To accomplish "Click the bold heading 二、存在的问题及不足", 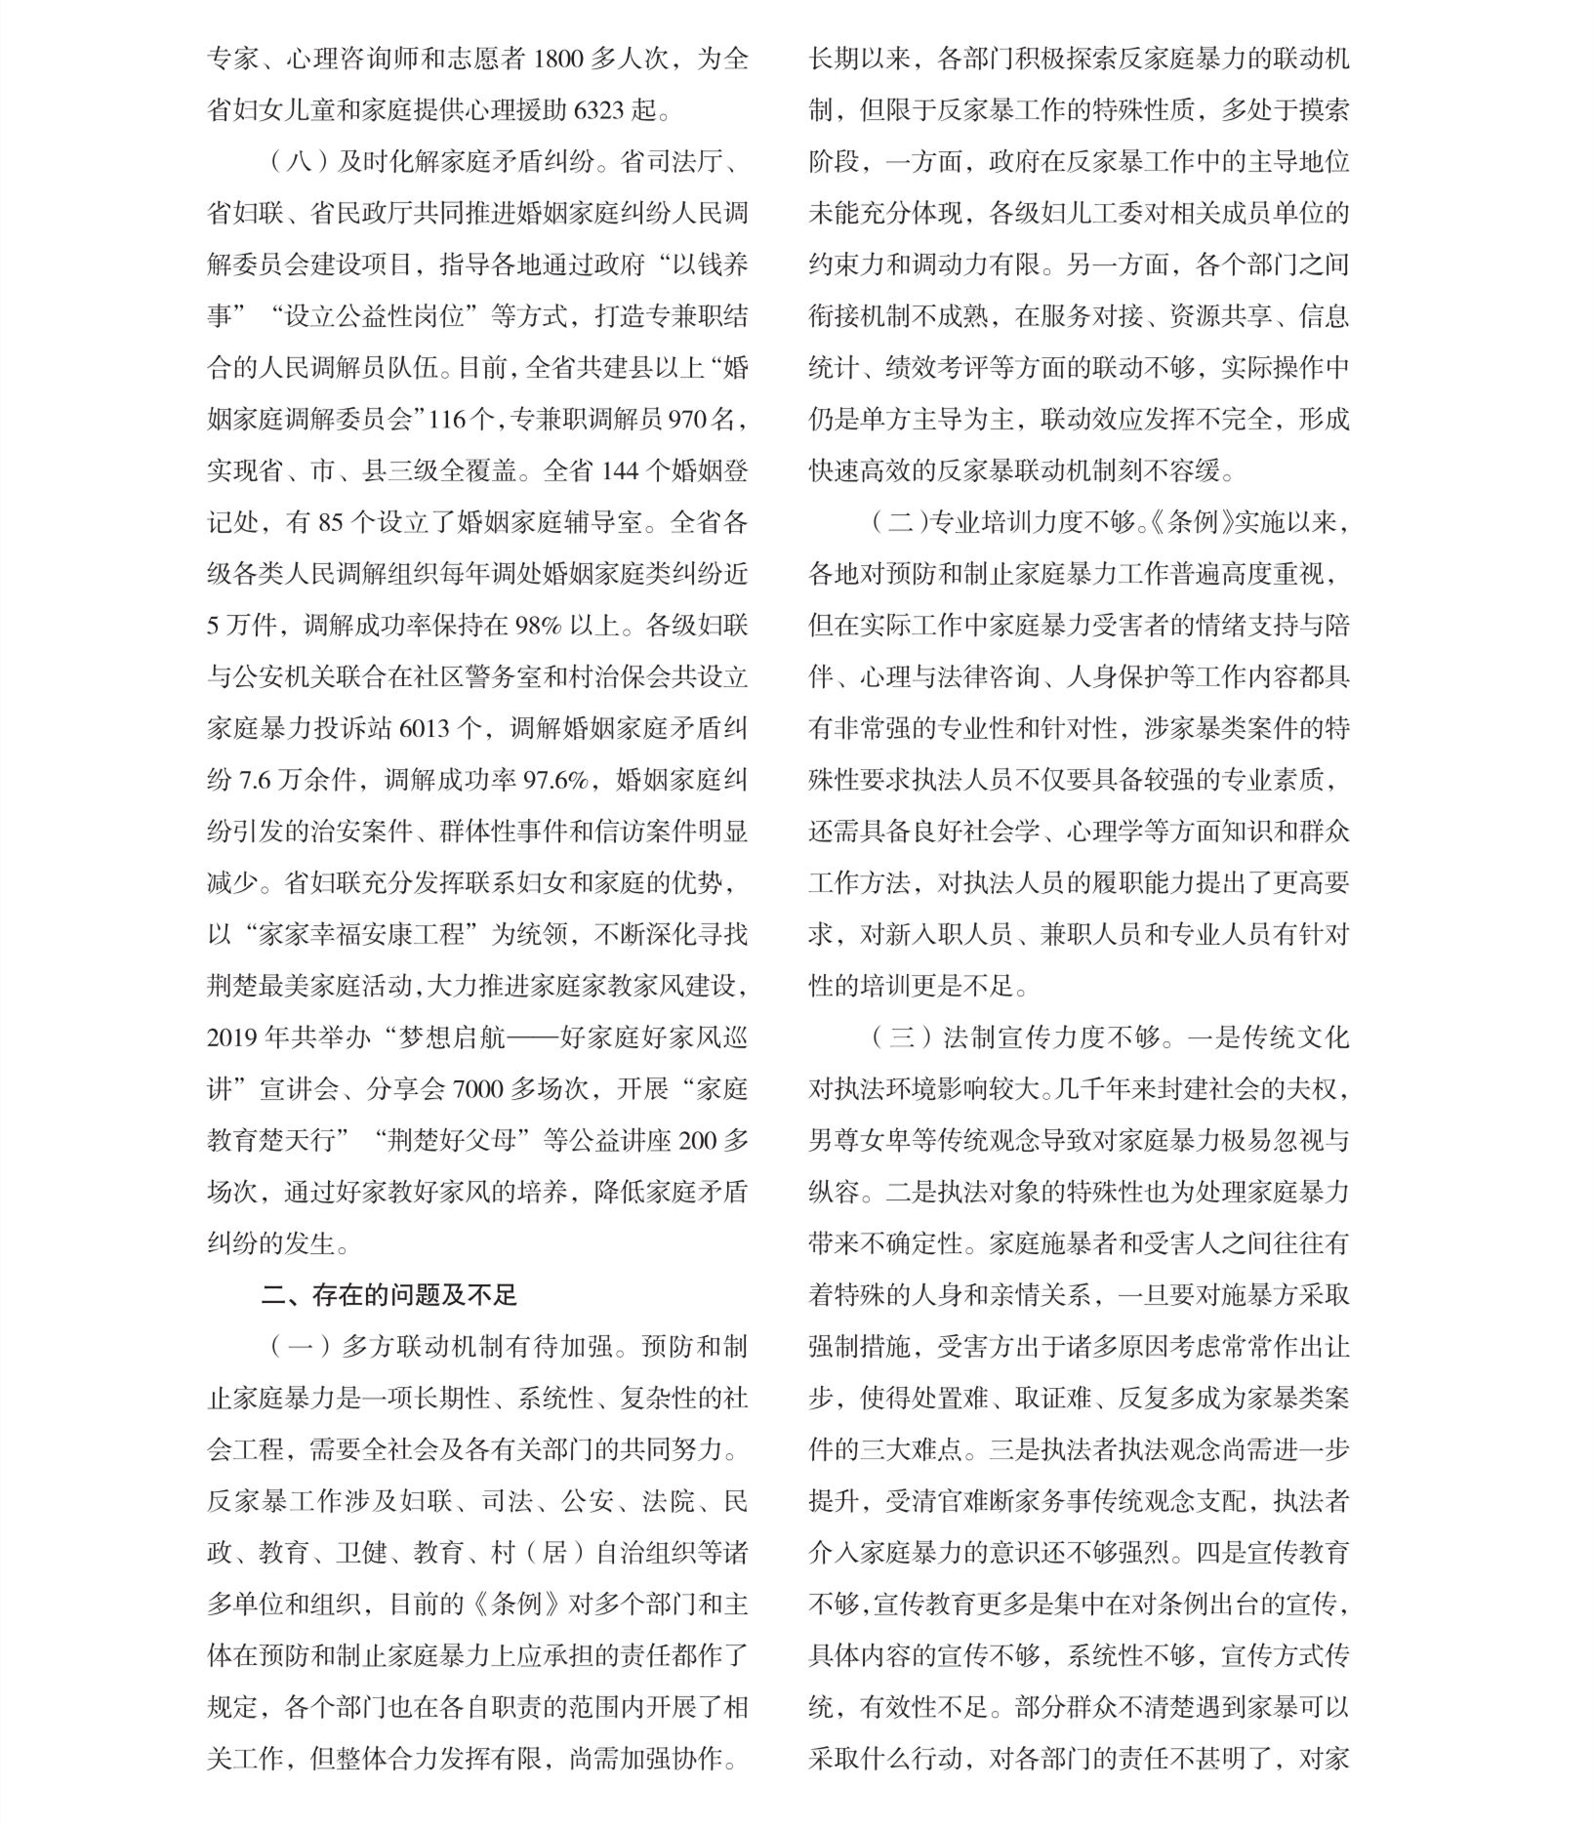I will [388, 1295].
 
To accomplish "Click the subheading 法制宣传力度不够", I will [1041, 1038].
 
